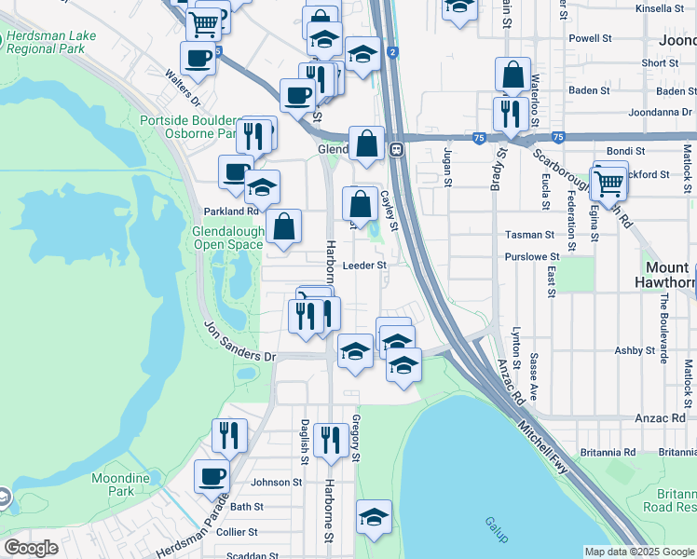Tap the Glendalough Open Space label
(x=227, y=239)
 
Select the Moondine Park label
(x=120, y=484)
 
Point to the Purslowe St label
(x=530, y=256)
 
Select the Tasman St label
(x=528, y=235)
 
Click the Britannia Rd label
(x=611, y=452)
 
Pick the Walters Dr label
(x=183, y=87)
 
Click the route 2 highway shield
(x=394, y=52)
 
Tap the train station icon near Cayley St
(x=396, y=148)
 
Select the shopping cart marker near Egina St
(x=609, y=183)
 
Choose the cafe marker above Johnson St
(x=211, y=476)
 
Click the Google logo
(x=32, y=548)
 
